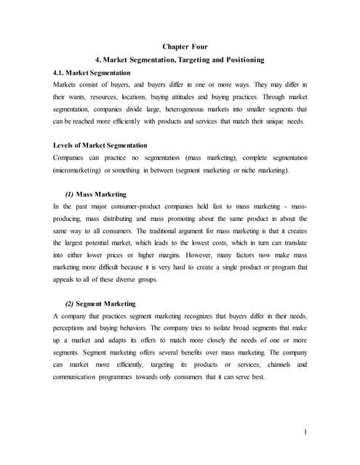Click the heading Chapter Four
(180, 46)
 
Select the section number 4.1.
(60, 73)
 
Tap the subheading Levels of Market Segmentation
(100, 145)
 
